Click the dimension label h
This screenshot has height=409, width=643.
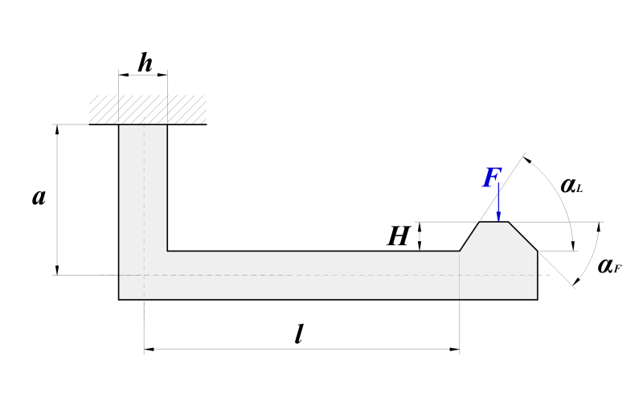(145, 63)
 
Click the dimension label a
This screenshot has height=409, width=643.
(39, 197)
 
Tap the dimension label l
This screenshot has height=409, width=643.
(299, 333)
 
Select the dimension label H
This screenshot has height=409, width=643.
(398, 236)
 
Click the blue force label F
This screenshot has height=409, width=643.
(492, 178)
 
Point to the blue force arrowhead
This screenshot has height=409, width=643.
(498, 216)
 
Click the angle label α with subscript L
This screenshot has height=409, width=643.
(571, 186)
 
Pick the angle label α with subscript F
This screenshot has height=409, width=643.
(609, 266)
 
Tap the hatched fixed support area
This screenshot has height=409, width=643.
(148, 109)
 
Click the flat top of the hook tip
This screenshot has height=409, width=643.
(494, 222)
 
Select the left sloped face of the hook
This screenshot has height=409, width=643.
(469, 236)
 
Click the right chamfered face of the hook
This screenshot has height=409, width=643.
(523, 236)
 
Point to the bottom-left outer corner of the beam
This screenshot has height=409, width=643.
(119, 300)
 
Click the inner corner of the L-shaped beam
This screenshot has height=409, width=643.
(167, 251)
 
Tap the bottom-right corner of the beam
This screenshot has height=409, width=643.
(538, 300)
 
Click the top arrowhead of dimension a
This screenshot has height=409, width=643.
(57, 129)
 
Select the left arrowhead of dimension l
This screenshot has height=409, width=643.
(149, 350)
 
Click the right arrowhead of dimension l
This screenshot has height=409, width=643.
(454, 350)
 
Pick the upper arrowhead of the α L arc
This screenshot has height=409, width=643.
(528, 160)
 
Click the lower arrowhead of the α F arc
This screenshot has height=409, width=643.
(576, 280)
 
